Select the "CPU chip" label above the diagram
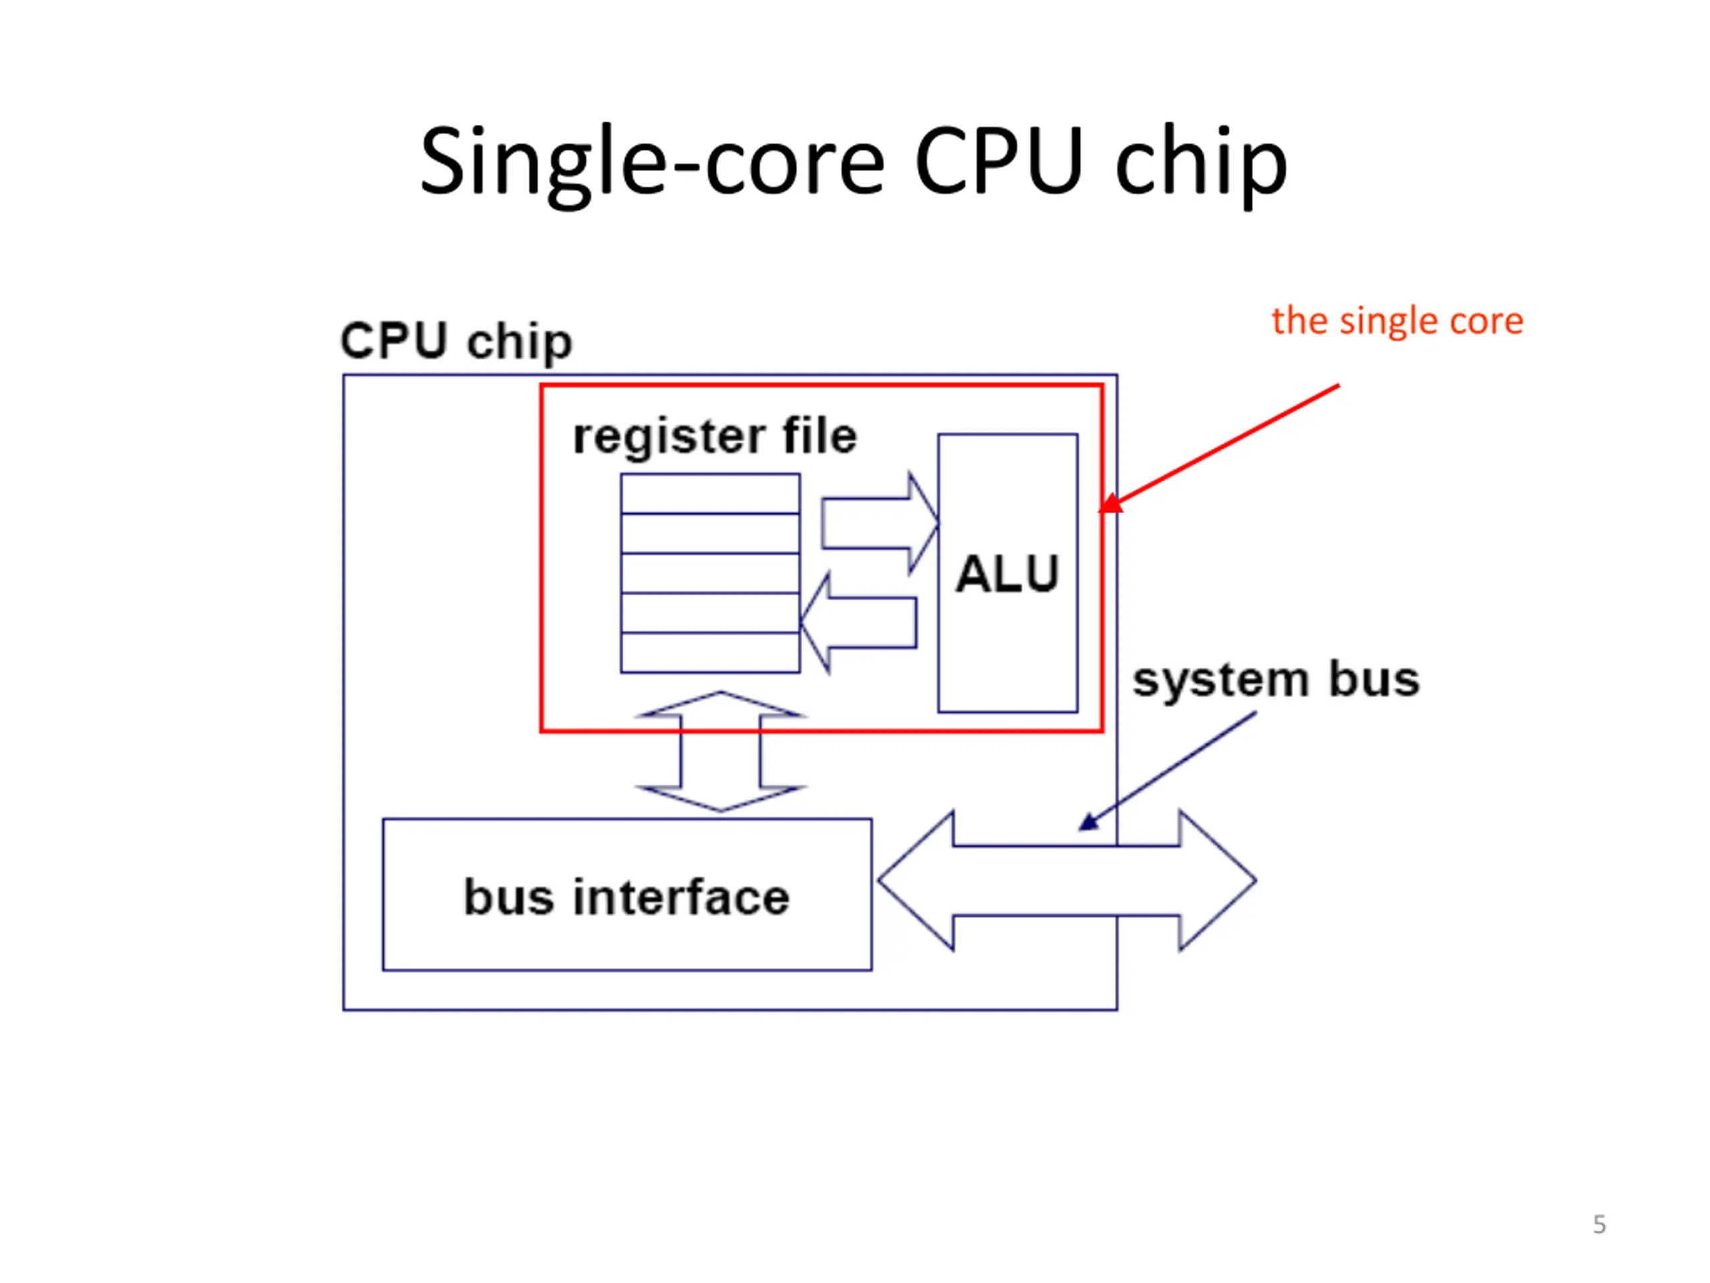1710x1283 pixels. pos(456,341)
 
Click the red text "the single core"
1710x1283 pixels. pos(1397,321)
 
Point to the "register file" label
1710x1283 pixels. pos(715,437)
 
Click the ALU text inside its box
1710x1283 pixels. pos(1007,574)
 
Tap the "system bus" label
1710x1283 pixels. pos(1276,680)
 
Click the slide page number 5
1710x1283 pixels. pos(1600,1224)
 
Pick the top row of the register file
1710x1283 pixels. pos(709,493)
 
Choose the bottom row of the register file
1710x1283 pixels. pos(709,653)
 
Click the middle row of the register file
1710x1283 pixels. pos(709,573)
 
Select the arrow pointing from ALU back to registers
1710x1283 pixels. pos(858,623)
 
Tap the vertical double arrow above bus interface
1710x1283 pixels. pos(721,751)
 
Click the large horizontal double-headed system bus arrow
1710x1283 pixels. pos(1067,880)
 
